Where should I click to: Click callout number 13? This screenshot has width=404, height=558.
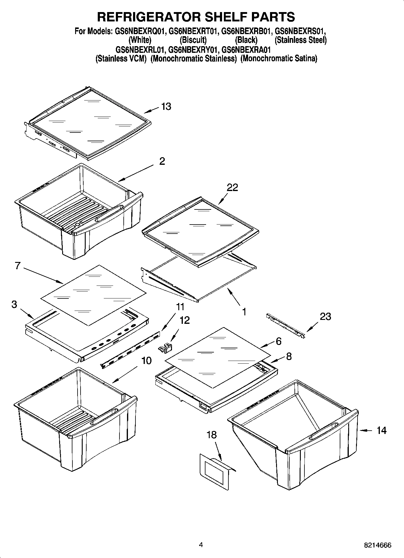pos(166,107)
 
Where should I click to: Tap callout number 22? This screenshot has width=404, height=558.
pos(232,187)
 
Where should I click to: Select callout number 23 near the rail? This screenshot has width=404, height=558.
pos(325,316)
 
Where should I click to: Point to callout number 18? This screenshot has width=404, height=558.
pos(212,435)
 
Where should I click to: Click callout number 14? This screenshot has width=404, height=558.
pos(381,430)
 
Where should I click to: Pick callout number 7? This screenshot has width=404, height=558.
pos(17,266)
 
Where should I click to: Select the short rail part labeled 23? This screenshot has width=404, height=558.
pos(285,326)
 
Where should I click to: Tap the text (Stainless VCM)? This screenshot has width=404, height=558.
pos(121,59)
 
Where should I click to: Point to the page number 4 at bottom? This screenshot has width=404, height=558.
pos(201,545)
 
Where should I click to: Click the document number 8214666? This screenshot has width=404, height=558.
pos(377,545)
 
